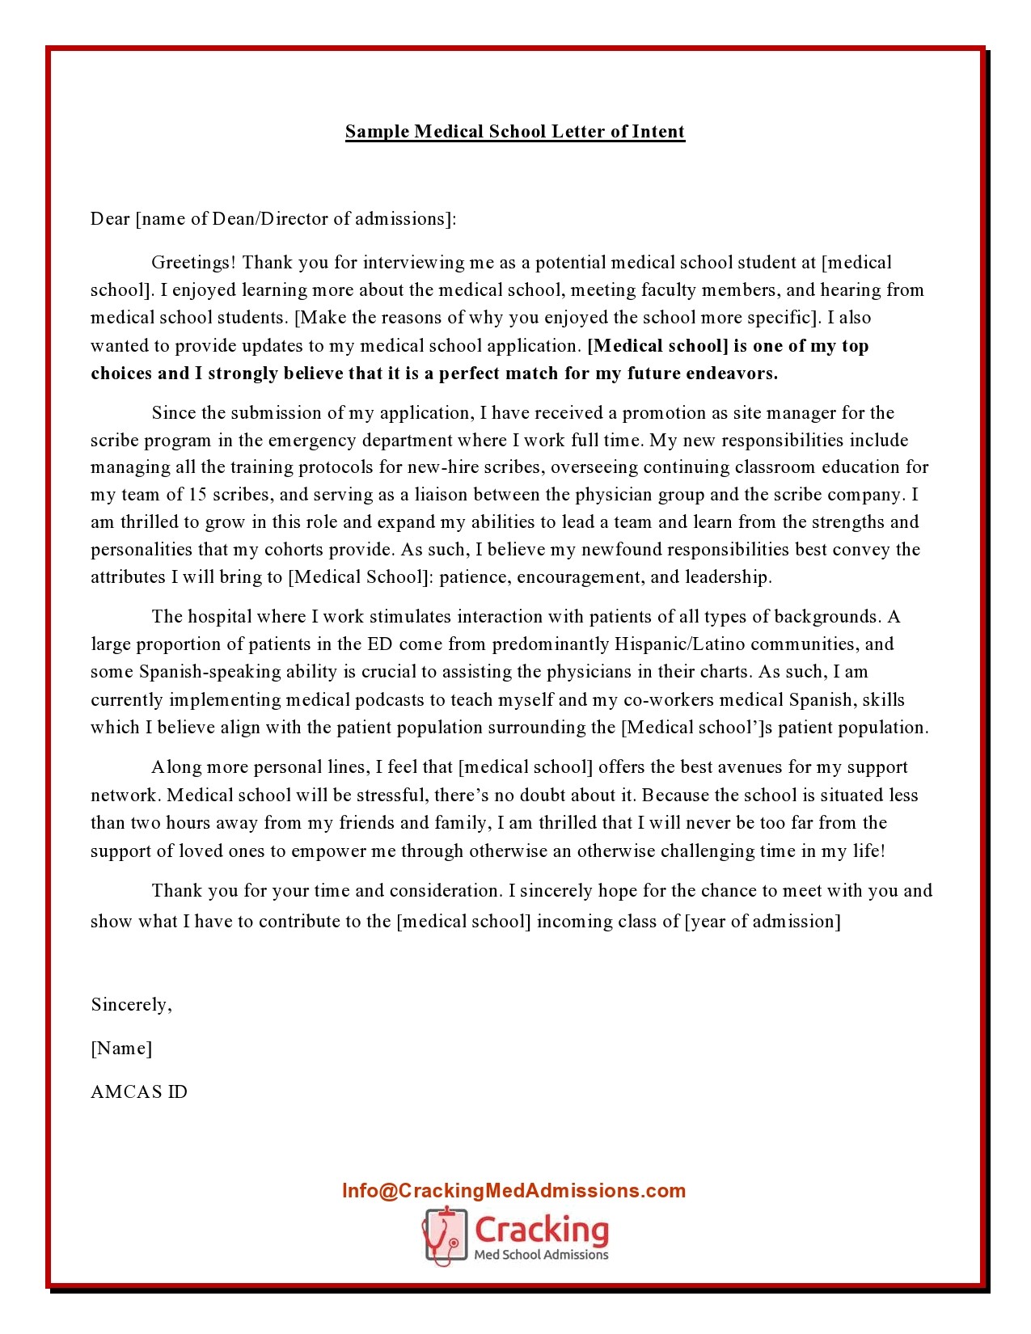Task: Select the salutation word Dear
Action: click(110, 219)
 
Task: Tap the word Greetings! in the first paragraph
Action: click(194, 263)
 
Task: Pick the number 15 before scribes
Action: click(198, 495)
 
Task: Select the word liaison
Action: click(442, 495)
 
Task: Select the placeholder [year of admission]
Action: click(763, 922)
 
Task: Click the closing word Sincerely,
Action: click(131, 1005)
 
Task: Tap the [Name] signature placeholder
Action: click(121, 1049)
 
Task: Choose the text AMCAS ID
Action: click(139, 1092)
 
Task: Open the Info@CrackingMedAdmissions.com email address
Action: click(513, 1191)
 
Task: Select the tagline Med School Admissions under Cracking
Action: click(541, 1255)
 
